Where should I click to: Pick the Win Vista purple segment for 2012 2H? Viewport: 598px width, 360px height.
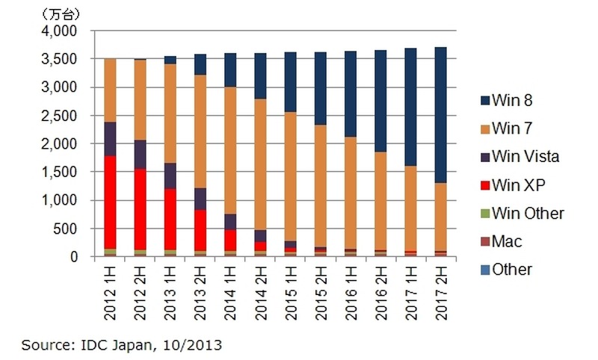point(139,155)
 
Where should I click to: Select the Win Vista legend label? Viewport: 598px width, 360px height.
point(526,156)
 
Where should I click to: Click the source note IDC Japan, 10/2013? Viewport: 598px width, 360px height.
point(122,345)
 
